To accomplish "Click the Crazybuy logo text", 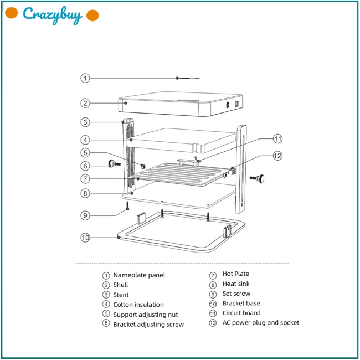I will [x=53, y=15].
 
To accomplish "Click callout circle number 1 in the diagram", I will [x=85, y=78].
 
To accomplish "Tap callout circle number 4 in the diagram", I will [x=85, y=140].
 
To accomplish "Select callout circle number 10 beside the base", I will [x=85, y=238].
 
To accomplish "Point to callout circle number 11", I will [x=277, y=138].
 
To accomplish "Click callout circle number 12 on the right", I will [x=277, y=156].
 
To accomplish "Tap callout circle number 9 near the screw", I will [x=85, y=215].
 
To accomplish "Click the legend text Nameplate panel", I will [x=139, y=275].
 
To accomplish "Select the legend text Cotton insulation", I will [x=138, y=305].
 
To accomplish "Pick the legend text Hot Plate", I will [x=236, y=274].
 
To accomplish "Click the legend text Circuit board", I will [x=241, y=313].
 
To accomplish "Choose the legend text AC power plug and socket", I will [x=260, y=322].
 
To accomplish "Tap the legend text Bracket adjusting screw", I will [x=148, y=325].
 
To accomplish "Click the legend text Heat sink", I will [x=236, y=284].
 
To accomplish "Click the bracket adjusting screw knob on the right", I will [x=258, y=178].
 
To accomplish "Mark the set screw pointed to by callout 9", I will [x=127, y=207].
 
